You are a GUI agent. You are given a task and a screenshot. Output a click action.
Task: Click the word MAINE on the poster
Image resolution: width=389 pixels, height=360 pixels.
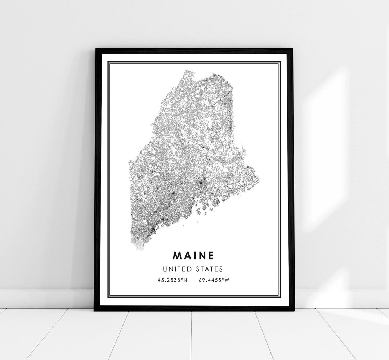[193, 255]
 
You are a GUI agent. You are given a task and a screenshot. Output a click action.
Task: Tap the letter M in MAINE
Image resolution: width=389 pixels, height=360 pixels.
[177, 255]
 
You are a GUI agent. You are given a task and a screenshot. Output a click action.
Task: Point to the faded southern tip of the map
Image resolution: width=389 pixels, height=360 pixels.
[139, 247]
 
